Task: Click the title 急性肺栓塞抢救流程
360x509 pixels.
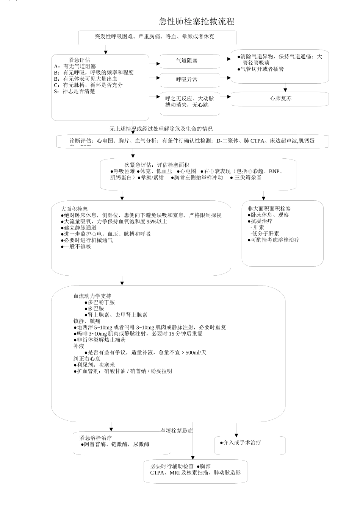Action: [196, 22]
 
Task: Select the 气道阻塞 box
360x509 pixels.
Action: [189, 61]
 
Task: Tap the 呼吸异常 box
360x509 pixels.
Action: [189, 80]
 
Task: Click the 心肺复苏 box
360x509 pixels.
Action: [280, 98]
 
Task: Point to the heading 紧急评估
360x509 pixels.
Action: [79, 60]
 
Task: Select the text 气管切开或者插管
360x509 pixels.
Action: [262, 69]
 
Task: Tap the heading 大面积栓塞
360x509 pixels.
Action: [74, 209]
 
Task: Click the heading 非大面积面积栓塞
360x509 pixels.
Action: [269, 209]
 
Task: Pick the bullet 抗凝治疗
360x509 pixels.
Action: [261, 221]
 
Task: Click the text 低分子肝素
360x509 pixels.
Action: [265, 234]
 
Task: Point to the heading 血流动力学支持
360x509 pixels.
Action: [92, 296]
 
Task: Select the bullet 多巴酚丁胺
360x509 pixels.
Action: [101, 302]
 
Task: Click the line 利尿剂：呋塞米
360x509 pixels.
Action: [95, 365]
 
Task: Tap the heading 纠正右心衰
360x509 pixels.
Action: [87, 359]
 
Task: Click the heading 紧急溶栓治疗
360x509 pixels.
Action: [95, 438]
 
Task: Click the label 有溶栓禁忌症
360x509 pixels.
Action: [177, 431]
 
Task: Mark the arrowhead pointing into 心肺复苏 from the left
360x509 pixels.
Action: [229, 97]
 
